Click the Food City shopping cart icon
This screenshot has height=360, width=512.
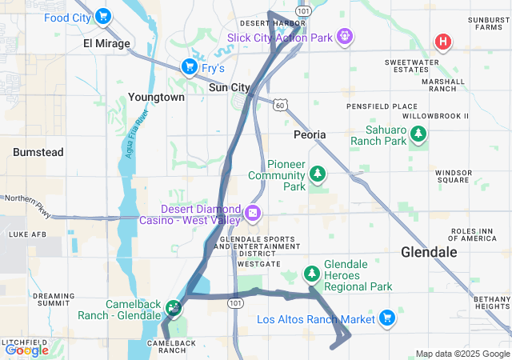pyautogui.click(x=102, y=16)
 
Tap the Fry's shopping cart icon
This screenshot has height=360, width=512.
pyautogui.click(x=189, y=66)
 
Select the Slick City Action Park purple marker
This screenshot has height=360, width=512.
pyautogui.click(x=345, y=35)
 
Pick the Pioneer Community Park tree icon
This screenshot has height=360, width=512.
pyautogui.click(x=318, y=173)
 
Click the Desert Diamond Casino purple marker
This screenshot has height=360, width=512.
pyautogui.click(x=253, y=212)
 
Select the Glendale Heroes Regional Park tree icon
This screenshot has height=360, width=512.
pyautogui.click(x=312, y=274)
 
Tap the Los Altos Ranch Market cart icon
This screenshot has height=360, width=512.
pyautogui.click(x=387, y=318)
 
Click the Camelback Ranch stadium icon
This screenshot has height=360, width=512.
pyautogui.click(x=173, y=306)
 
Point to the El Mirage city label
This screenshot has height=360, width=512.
pyautogui.click(x=106, y=43)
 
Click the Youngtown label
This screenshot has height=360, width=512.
pyautogui.click(x=156, y=97)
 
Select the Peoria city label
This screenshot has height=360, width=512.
pyautogui.click(x=310, y=134)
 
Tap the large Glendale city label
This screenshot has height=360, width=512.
pyautogui.click(x=429, y=252)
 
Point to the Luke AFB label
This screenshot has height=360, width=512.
pyautogui.click(x=25, y=234)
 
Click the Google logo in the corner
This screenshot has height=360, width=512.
pyautogui.click(x=26, y=350)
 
